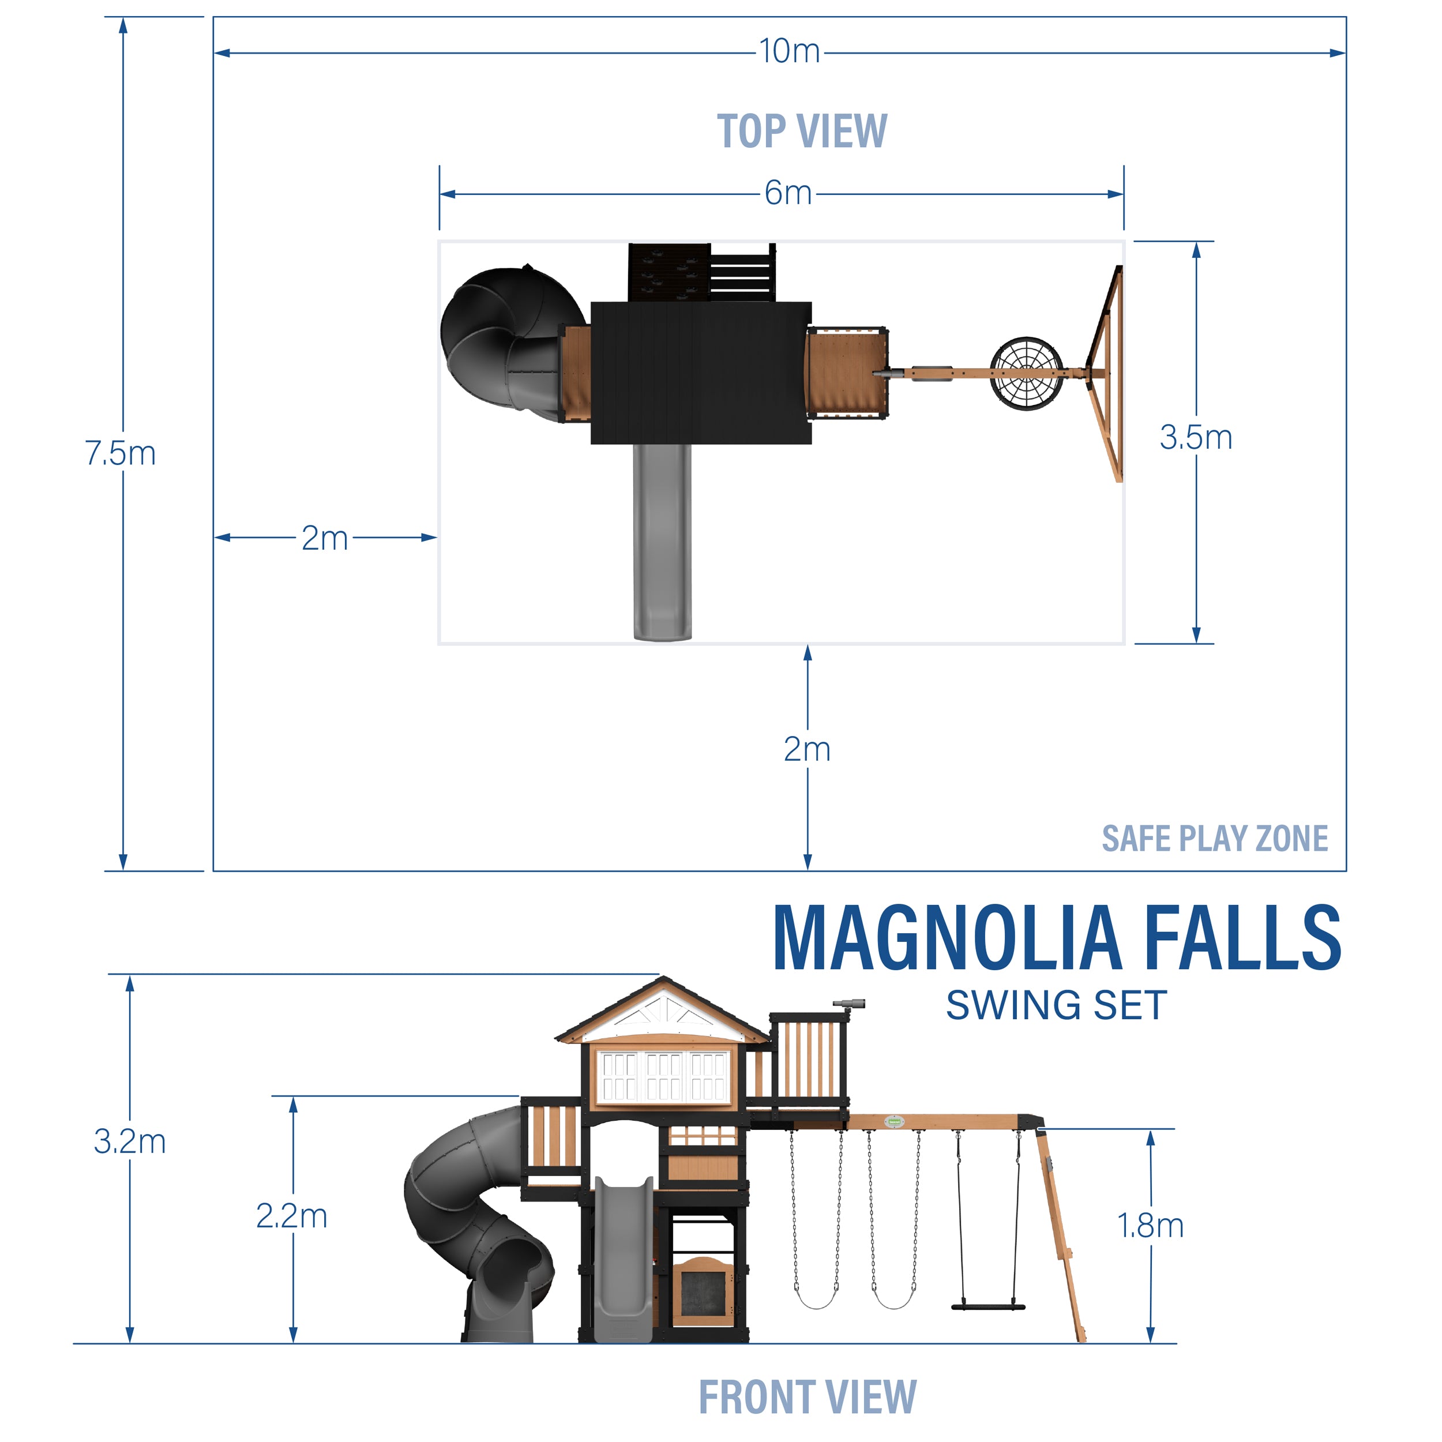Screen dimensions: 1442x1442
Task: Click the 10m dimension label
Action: (789, 51)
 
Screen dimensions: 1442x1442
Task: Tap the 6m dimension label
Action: (787, 193)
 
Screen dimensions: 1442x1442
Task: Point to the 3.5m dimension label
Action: (1195, 437)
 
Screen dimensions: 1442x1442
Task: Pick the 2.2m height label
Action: (292, 1216)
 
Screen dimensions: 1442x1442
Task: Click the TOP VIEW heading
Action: (802, 132)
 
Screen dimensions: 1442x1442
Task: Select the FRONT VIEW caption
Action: (807, 1396)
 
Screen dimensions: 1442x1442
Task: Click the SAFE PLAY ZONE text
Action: (1214, 838)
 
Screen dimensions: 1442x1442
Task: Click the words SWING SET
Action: (1056, 1005)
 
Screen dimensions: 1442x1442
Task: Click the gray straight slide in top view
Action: (662, 541)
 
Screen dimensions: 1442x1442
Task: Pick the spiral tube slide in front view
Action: (478, 1224)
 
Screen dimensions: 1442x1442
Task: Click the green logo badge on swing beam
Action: (893, 1121)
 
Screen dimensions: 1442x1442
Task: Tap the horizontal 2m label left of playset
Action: (325, 538)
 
